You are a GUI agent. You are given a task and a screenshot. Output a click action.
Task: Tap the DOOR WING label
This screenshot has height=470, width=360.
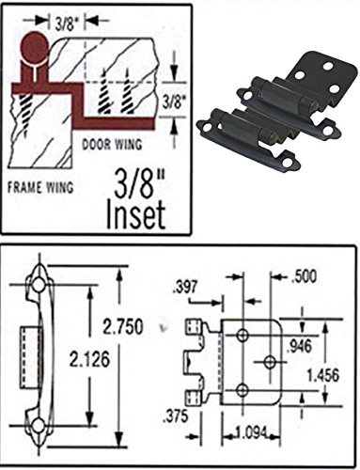tap(112, 145)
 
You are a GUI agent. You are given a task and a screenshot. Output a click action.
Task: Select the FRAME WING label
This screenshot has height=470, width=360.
tap(40, 187)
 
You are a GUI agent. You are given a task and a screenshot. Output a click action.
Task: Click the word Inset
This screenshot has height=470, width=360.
tap(135, 214)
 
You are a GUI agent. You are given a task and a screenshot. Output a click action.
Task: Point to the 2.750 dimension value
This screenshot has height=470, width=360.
tap(122, 326)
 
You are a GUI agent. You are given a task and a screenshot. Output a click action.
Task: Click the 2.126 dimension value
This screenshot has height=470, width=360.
tap(89, 359)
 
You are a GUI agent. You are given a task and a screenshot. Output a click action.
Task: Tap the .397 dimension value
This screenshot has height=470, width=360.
tap(185, 287)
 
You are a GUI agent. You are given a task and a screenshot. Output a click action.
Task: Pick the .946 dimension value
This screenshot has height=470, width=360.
tap(300, 346)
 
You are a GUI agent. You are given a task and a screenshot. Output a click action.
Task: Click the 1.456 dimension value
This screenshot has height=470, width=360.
tap(323, 375)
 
